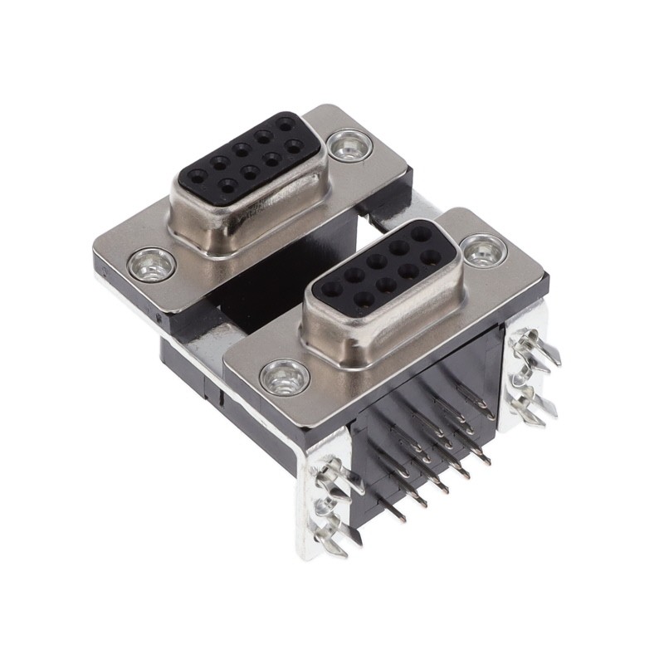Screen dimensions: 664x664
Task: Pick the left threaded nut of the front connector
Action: tap(285, 378)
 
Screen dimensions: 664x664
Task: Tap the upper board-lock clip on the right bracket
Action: tap(531, 349)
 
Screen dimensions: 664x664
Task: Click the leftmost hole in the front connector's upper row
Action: tap(332, 290)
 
